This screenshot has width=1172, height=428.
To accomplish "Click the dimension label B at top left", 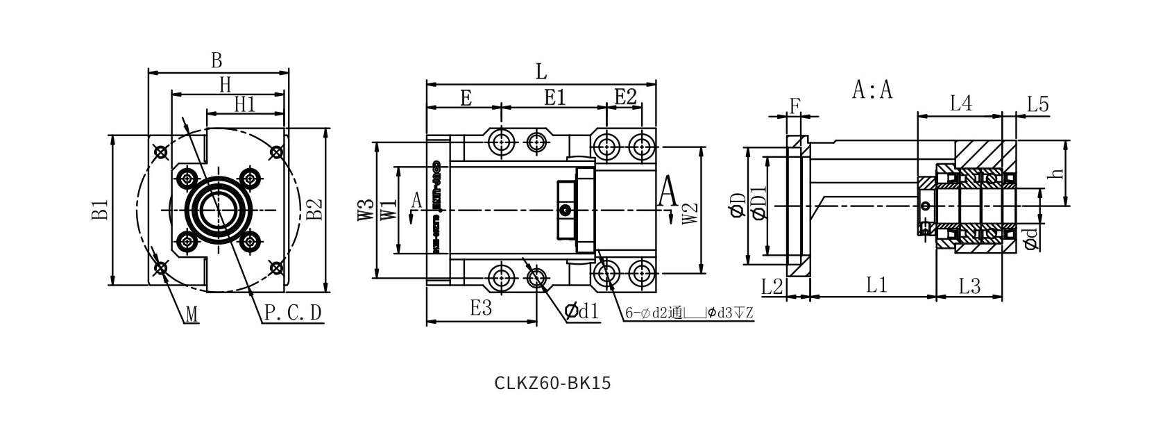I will [216, 60].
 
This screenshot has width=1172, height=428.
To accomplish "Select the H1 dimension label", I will [244, 104].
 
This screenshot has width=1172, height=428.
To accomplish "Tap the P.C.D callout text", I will [294, 314].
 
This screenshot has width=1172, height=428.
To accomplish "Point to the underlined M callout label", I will [192, 315].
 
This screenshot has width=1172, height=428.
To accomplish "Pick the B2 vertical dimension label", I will [315, 209].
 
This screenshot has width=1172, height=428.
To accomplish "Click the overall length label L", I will [541, 71].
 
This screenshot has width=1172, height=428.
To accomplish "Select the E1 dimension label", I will [554, 98].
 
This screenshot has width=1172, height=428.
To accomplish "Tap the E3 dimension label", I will [480, 308].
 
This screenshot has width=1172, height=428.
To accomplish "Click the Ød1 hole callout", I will [581, 311].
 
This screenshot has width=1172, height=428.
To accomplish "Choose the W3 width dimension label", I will [366, 211].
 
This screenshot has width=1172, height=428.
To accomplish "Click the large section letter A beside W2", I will [668, 191].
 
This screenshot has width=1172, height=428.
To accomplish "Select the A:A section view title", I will [872, 90].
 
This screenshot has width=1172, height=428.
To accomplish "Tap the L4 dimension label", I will [960, 104].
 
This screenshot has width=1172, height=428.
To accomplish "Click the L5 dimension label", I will [1037, 105].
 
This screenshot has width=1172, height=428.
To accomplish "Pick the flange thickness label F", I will [795, 106].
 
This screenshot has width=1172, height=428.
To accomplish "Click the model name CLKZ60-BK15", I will [553, 383].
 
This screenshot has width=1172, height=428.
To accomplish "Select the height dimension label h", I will [1057, 173].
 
